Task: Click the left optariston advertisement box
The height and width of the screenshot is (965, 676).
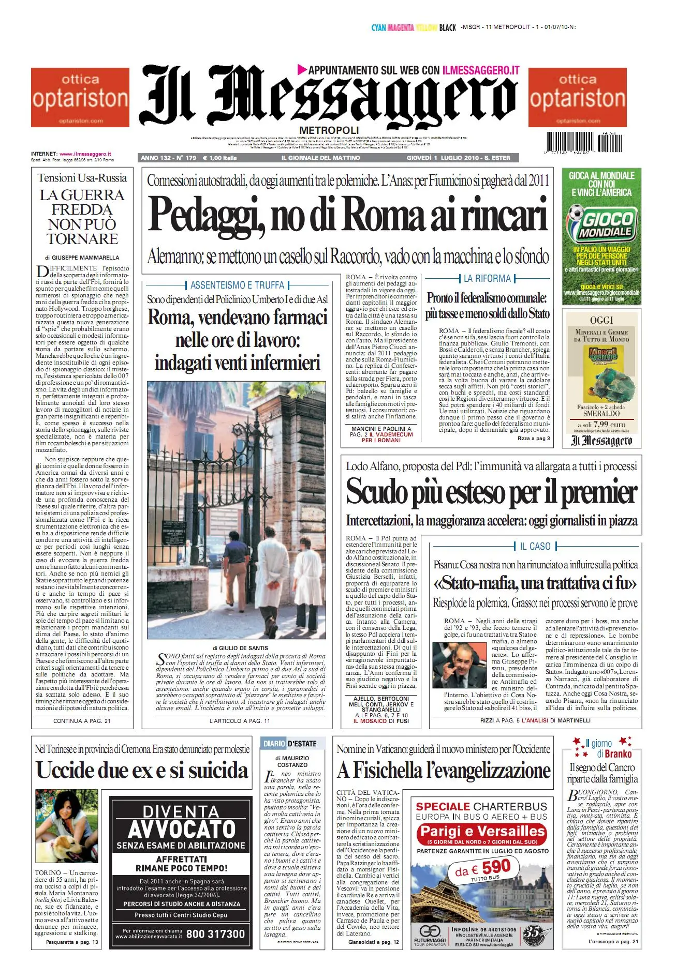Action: (80, 97)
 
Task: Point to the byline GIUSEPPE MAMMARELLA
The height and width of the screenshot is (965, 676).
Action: (85, 257)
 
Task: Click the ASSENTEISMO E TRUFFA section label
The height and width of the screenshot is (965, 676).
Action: (237, 285)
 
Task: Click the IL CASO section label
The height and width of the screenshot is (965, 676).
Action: (535, 546)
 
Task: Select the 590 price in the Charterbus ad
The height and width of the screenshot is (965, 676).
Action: (496, 867)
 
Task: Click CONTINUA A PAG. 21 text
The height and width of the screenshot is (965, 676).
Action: (82, 720)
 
